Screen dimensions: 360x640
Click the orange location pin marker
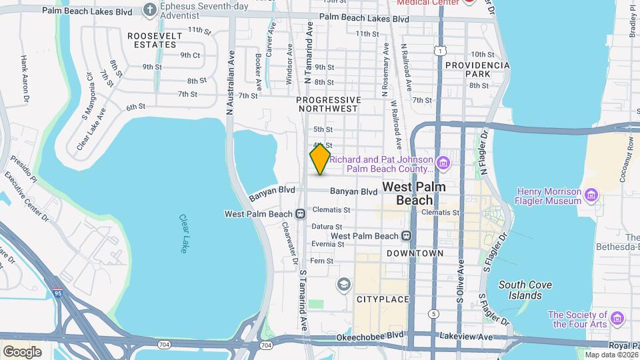pyautogui.click(x=320, y=159)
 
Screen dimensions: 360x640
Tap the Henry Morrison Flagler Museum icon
pyautogui.click(x=591, y=196)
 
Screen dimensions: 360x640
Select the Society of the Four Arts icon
pyautogui.click(x=617, y=319)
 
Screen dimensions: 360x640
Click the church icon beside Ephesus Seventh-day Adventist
pyautogui.click(x=150, y=10)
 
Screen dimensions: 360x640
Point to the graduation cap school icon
pyautogui.click(x=344, y=285)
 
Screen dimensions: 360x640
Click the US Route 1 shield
pyautogui.click(x=439, y=51)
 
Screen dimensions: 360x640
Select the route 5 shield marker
pyautogui.click(x=434, y=313)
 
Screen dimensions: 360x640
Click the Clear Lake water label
pyautogui.click(x=184, y=233)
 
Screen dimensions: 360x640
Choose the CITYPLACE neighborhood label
pyautogui.click(x=383, y=299)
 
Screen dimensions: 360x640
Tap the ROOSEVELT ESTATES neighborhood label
pyautogui.click(x=152, y=39)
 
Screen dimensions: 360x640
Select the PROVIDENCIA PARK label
pyautogui.click(x=477, y=70)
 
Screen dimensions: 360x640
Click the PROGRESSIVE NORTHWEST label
pyautogui.click(x=329, y=104)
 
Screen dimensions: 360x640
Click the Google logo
pyautogui.click(x=22, y=351)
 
